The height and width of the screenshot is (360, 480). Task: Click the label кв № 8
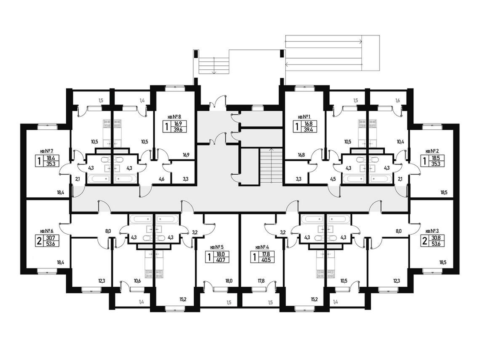(x=175, y=116)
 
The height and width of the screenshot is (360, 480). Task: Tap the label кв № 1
(x=304, y=116)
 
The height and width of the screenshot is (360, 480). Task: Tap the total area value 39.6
(x=178, y=129)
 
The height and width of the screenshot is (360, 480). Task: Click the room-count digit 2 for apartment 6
(x=39, y=240)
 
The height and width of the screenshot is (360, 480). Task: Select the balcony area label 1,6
(x=398, y=100)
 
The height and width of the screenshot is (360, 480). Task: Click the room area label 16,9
(x=186, y=155)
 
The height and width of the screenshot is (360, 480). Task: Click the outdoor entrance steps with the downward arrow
(x=214, y=65)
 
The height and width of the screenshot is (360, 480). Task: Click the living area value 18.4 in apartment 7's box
(x=51, y=158)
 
